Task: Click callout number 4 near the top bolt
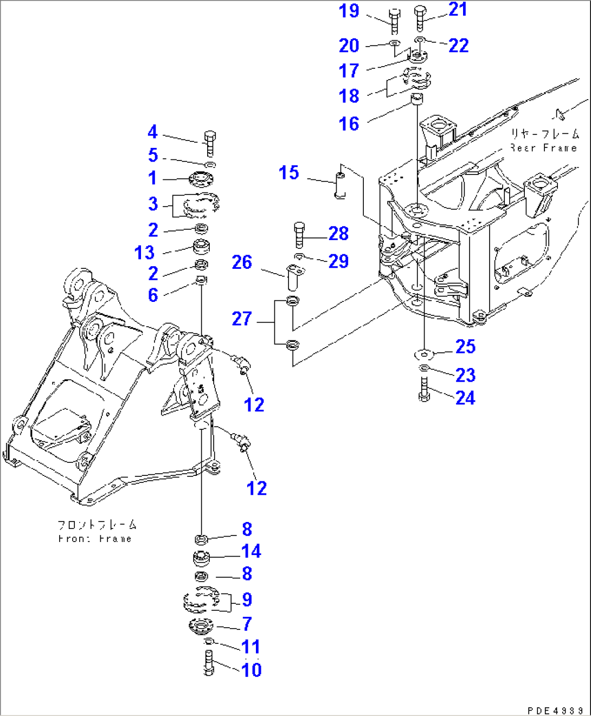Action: pos(152,132)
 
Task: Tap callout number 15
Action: pos(288,173)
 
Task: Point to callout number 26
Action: pos(242,262)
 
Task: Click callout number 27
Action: pos(242,318)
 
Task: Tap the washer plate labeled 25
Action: pos(423,354)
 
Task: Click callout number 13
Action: pos(144,253)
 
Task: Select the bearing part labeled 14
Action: pos(202,558)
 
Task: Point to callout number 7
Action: pos(247,624)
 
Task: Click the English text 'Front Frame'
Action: pos(95,539)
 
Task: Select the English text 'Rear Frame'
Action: pos(544,147)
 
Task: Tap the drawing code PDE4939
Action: pos(555,710)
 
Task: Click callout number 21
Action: pos(458,9)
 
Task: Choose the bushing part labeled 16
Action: pos(416,99)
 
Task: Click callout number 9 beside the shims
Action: pos(247,599)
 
